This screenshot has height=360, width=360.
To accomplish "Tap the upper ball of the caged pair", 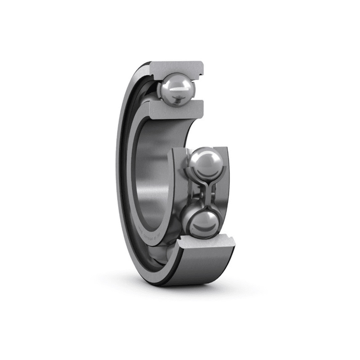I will pyautogui.click(x=206, y=164).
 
